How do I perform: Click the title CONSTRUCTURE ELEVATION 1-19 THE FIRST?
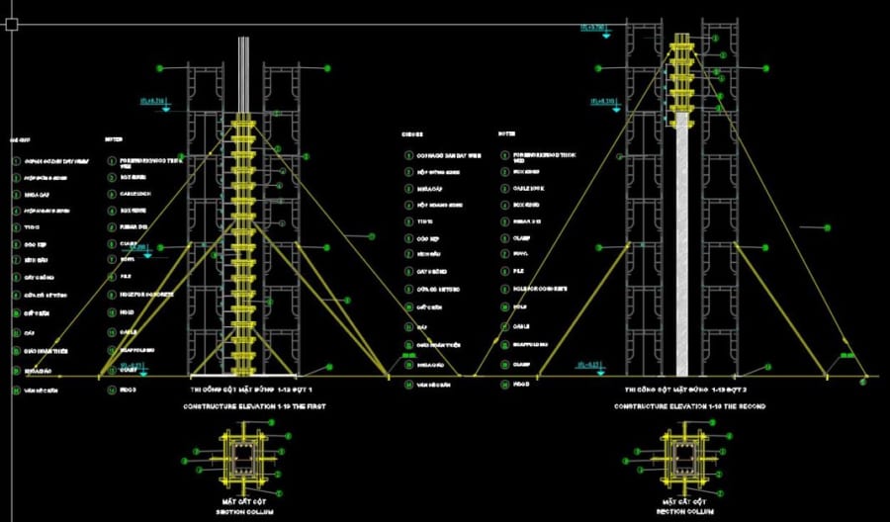pos(256,406)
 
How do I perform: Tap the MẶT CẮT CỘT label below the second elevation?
pos(683,501)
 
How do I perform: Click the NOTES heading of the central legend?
pos(508,132)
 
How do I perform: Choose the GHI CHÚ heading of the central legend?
pos(413,132)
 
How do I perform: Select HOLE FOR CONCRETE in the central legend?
pos(540,288)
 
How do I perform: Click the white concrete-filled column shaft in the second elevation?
pos(680,247)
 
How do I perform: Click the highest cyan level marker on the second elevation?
pos(594,29)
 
